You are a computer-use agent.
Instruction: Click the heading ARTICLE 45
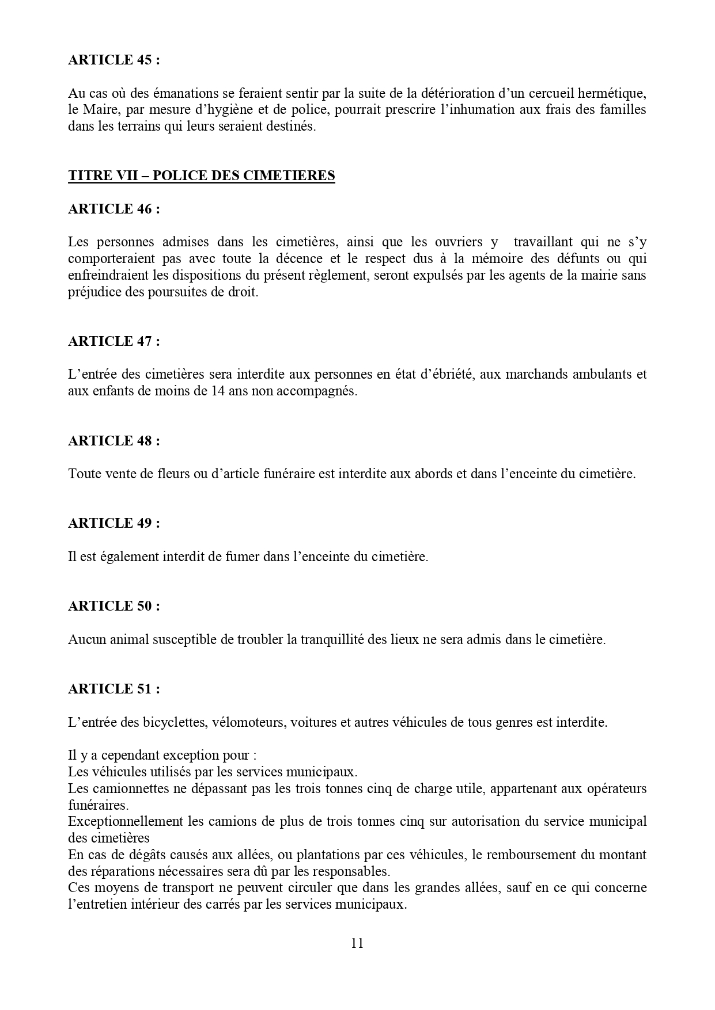coord(114,60)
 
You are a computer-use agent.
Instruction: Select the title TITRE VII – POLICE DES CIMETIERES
coord(201,176)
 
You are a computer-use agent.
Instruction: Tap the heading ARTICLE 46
coord(114,209)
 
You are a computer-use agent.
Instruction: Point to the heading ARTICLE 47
coord(114,341)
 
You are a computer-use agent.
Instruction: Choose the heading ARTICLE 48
coord(114,441)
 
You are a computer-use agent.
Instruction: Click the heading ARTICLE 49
coord(114,523)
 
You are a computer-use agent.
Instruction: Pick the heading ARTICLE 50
coord(114,606)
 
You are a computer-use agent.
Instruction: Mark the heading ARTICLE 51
coord(114,689)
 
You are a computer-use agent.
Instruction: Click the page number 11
coord(357,943)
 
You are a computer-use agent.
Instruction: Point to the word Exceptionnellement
coord(126,822)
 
